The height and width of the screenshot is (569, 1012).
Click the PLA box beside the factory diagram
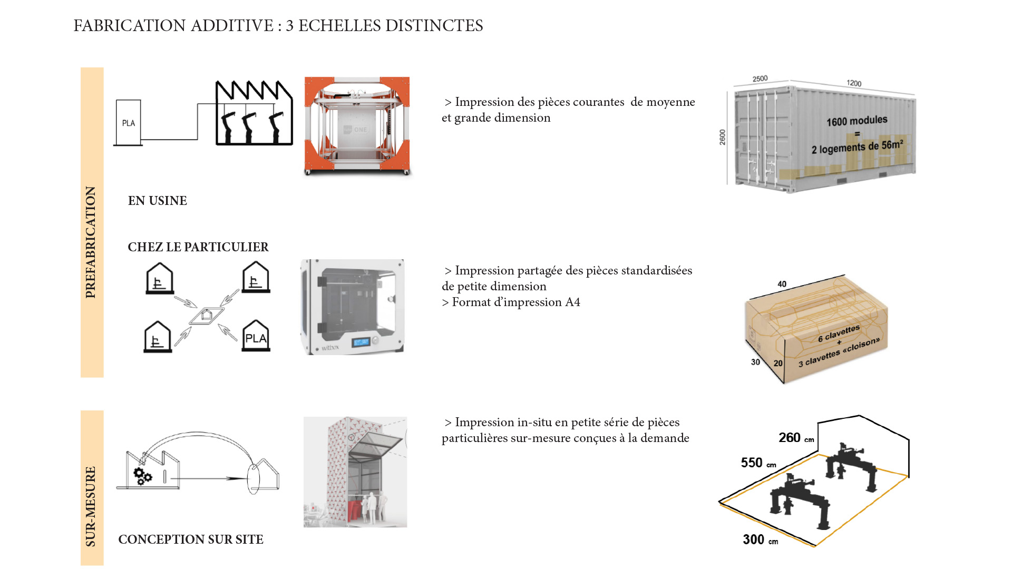click(128, 123)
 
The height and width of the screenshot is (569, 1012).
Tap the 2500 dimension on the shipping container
click(760, 79)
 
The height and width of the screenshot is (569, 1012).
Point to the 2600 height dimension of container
click(722, 137)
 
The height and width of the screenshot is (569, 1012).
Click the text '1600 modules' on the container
click(857, 121)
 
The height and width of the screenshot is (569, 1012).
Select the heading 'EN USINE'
click(157, 201)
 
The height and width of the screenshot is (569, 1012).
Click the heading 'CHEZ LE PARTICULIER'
click(198, 247)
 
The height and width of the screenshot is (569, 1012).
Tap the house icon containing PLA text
click(256, 336)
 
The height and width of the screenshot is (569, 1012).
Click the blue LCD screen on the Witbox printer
click(361, 342)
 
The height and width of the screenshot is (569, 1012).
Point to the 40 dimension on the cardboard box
click(782, 284)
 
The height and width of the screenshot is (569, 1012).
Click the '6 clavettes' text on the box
click(839, 334)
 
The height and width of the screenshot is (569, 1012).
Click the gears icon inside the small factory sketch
click(142, 476)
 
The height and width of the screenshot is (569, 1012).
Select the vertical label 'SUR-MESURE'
click(91, 506)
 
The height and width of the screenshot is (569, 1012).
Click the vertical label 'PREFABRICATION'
click(91, 242)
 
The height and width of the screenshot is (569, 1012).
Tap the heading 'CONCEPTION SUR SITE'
click(190, 539)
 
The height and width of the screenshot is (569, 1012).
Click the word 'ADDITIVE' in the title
click(232, 26)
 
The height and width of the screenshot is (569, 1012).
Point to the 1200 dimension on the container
click(854, 83)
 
